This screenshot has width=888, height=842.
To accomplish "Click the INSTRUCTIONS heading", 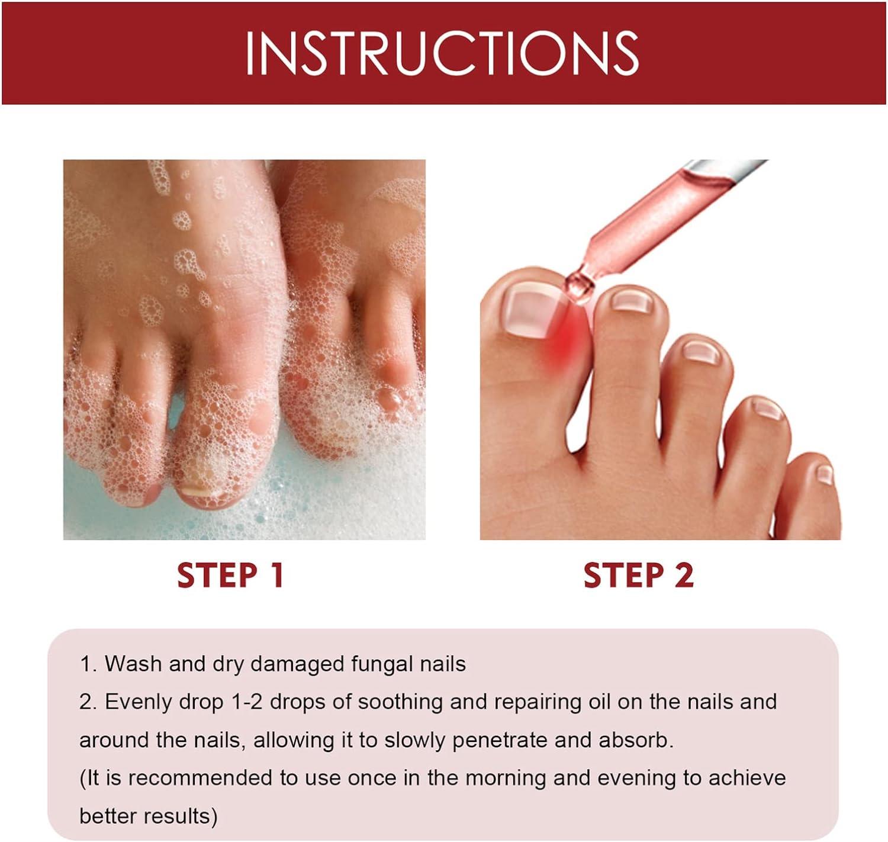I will click(x=442, y=53).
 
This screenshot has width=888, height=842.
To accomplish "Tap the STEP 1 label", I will click(x=231, y=576).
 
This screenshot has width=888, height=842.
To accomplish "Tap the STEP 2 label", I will click(x=638, y=576).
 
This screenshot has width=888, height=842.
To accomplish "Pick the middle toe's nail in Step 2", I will click(x=702, y=352).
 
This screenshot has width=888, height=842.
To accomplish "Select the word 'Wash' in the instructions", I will click(x=133, y=664).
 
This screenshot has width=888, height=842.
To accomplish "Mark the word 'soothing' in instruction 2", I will click(x=400, y=702).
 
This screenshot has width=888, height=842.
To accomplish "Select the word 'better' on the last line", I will click(x=110, y=816).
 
